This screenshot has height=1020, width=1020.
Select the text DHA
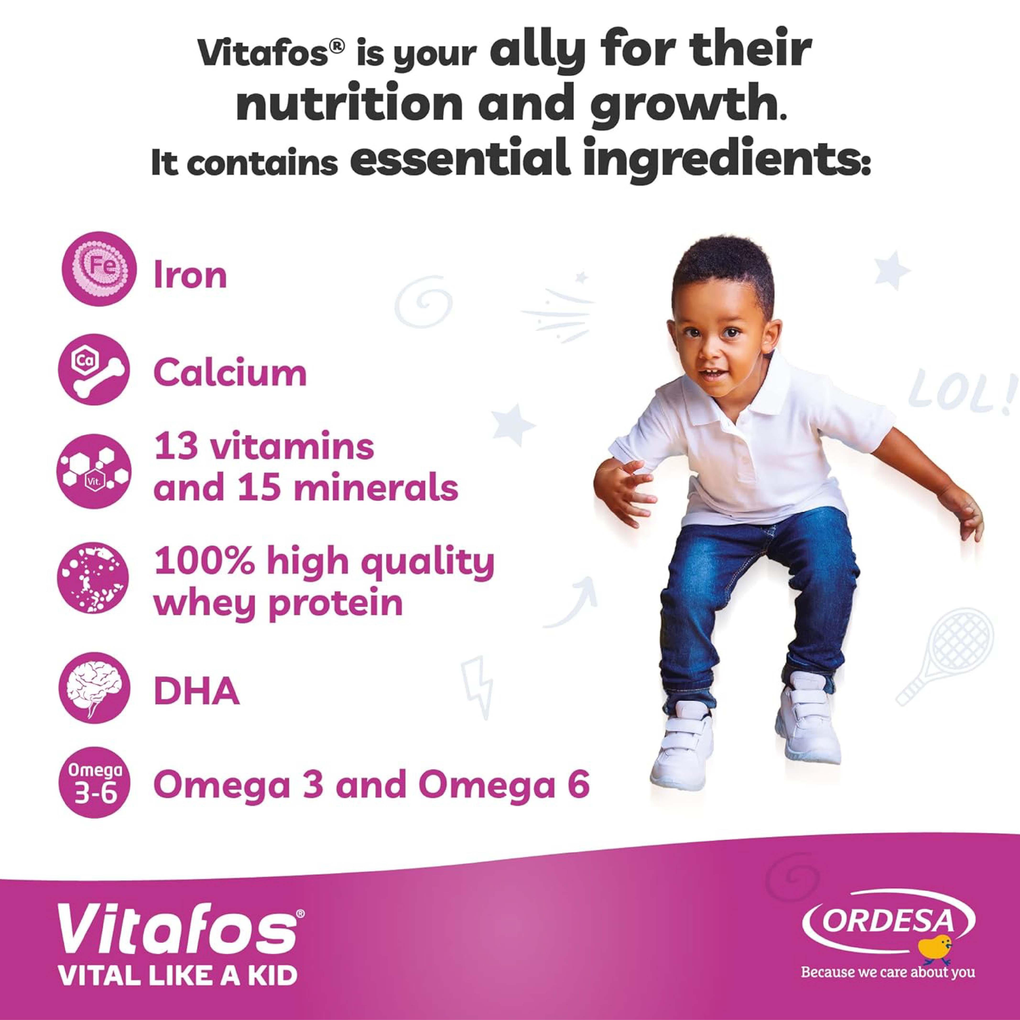click(196, 692)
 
